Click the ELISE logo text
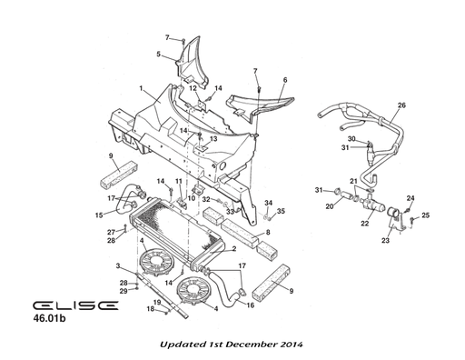pos(73,306)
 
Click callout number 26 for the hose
pos(401,105)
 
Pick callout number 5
pos(157,55)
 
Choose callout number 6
pos(284,80)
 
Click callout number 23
pos(384,241)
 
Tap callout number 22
pos(364,224)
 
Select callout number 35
pos(281,211)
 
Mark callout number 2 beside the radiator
pos(233,248)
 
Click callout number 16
pos(250,305)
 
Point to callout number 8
pos(268,233)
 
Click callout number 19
pos(156,301)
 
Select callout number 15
pos(99,215)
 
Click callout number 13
pos(213,138)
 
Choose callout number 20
pos(330,205)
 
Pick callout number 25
pos(426,215)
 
